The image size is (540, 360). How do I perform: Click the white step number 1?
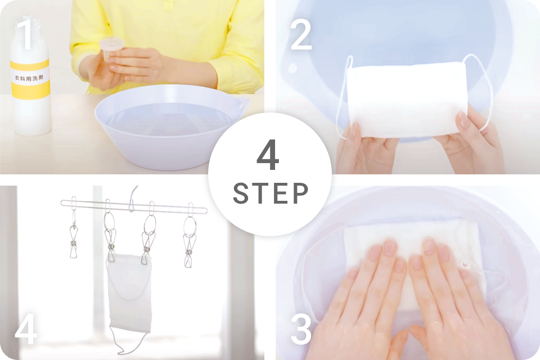coord(26,34)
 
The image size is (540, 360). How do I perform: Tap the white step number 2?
coord(301,34)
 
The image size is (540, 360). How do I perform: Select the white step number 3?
coord(301,328)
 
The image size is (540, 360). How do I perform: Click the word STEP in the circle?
coord(271,193)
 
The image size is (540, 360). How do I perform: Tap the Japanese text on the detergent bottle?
coord(29,78)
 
